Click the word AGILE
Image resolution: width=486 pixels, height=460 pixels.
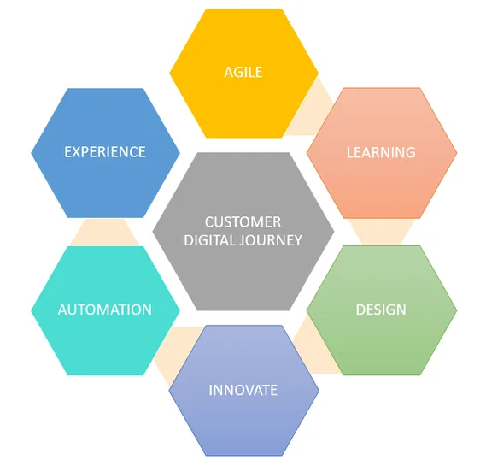[243, 73]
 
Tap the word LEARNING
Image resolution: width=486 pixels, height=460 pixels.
[381, 152]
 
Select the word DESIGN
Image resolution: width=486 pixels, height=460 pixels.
[381, 310]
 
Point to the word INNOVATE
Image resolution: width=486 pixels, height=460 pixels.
[243, 390]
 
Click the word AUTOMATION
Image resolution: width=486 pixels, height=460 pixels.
[105, 310]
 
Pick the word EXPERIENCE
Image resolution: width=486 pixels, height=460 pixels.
[105, 152]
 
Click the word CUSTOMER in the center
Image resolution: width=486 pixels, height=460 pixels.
[243, 222]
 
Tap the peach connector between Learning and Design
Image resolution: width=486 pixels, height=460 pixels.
[382, 232]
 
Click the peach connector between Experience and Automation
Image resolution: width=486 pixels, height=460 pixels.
[105, 232]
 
